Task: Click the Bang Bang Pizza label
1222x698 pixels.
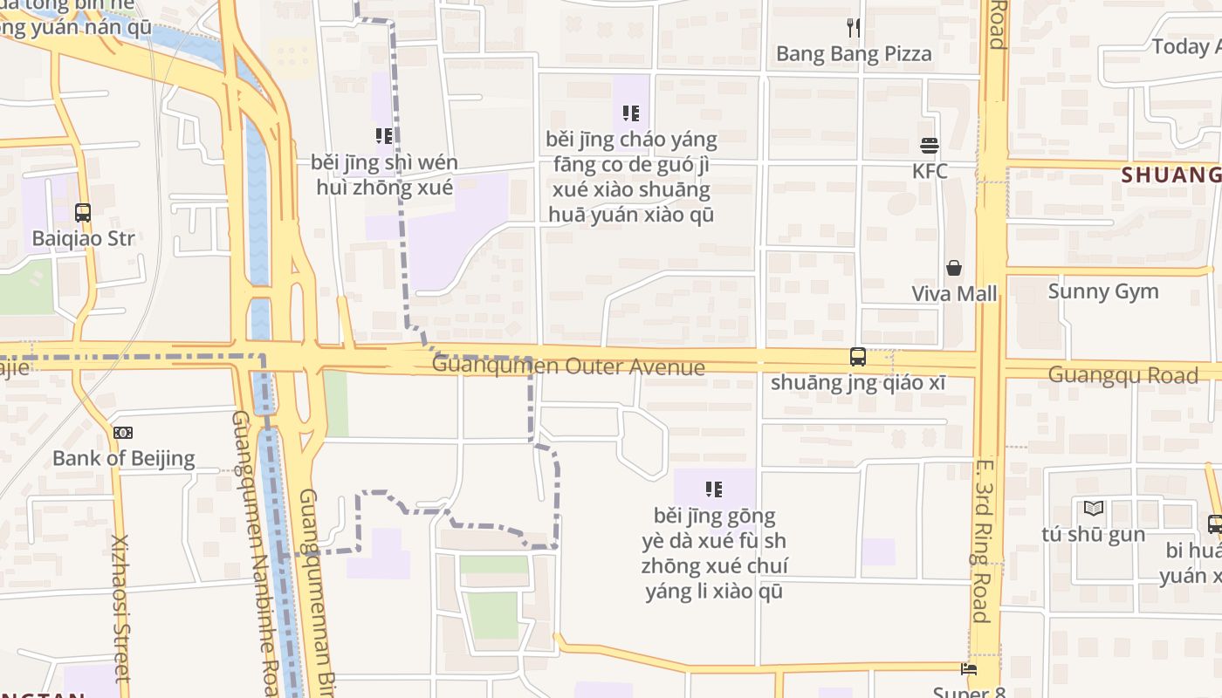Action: point(854,54)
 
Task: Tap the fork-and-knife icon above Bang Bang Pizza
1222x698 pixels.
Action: point(854,28)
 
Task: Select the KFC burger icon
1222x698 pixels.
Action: point(929,145)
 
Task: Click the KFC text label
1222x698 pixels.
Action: point(930,171)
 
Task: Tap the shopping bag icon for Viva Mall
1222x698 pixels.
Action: point(954,268)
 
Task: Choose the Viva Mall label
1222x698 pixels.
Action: point(954,294)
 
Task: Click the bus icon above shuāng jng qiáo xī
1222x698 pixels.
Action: point(858,356)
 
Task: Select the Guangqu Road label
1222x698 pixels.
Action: point(1122,375)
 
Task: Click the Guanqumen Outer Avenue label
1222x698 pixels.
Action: point(568,366)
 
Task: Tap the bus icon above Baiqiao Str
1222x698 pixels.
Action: point(83,212)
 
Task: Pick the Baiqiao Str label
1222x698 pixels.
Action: point(83,238)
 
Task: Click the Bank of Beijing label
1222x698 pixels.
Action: point(123,458)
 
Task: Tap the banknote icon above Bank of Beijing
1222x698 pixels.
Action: point(123,432)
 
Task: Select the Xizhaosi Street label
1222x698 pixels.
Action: point(120,608)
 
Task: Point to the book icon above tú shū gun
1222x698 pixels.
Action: point(1094,508)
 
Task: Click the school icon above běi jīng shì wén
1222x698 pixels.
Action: point(384,136)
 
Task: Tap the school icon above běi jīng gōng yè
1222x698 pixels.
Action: point(714,489)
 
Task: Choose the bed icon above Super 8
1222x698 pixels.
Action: point(969,670)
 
